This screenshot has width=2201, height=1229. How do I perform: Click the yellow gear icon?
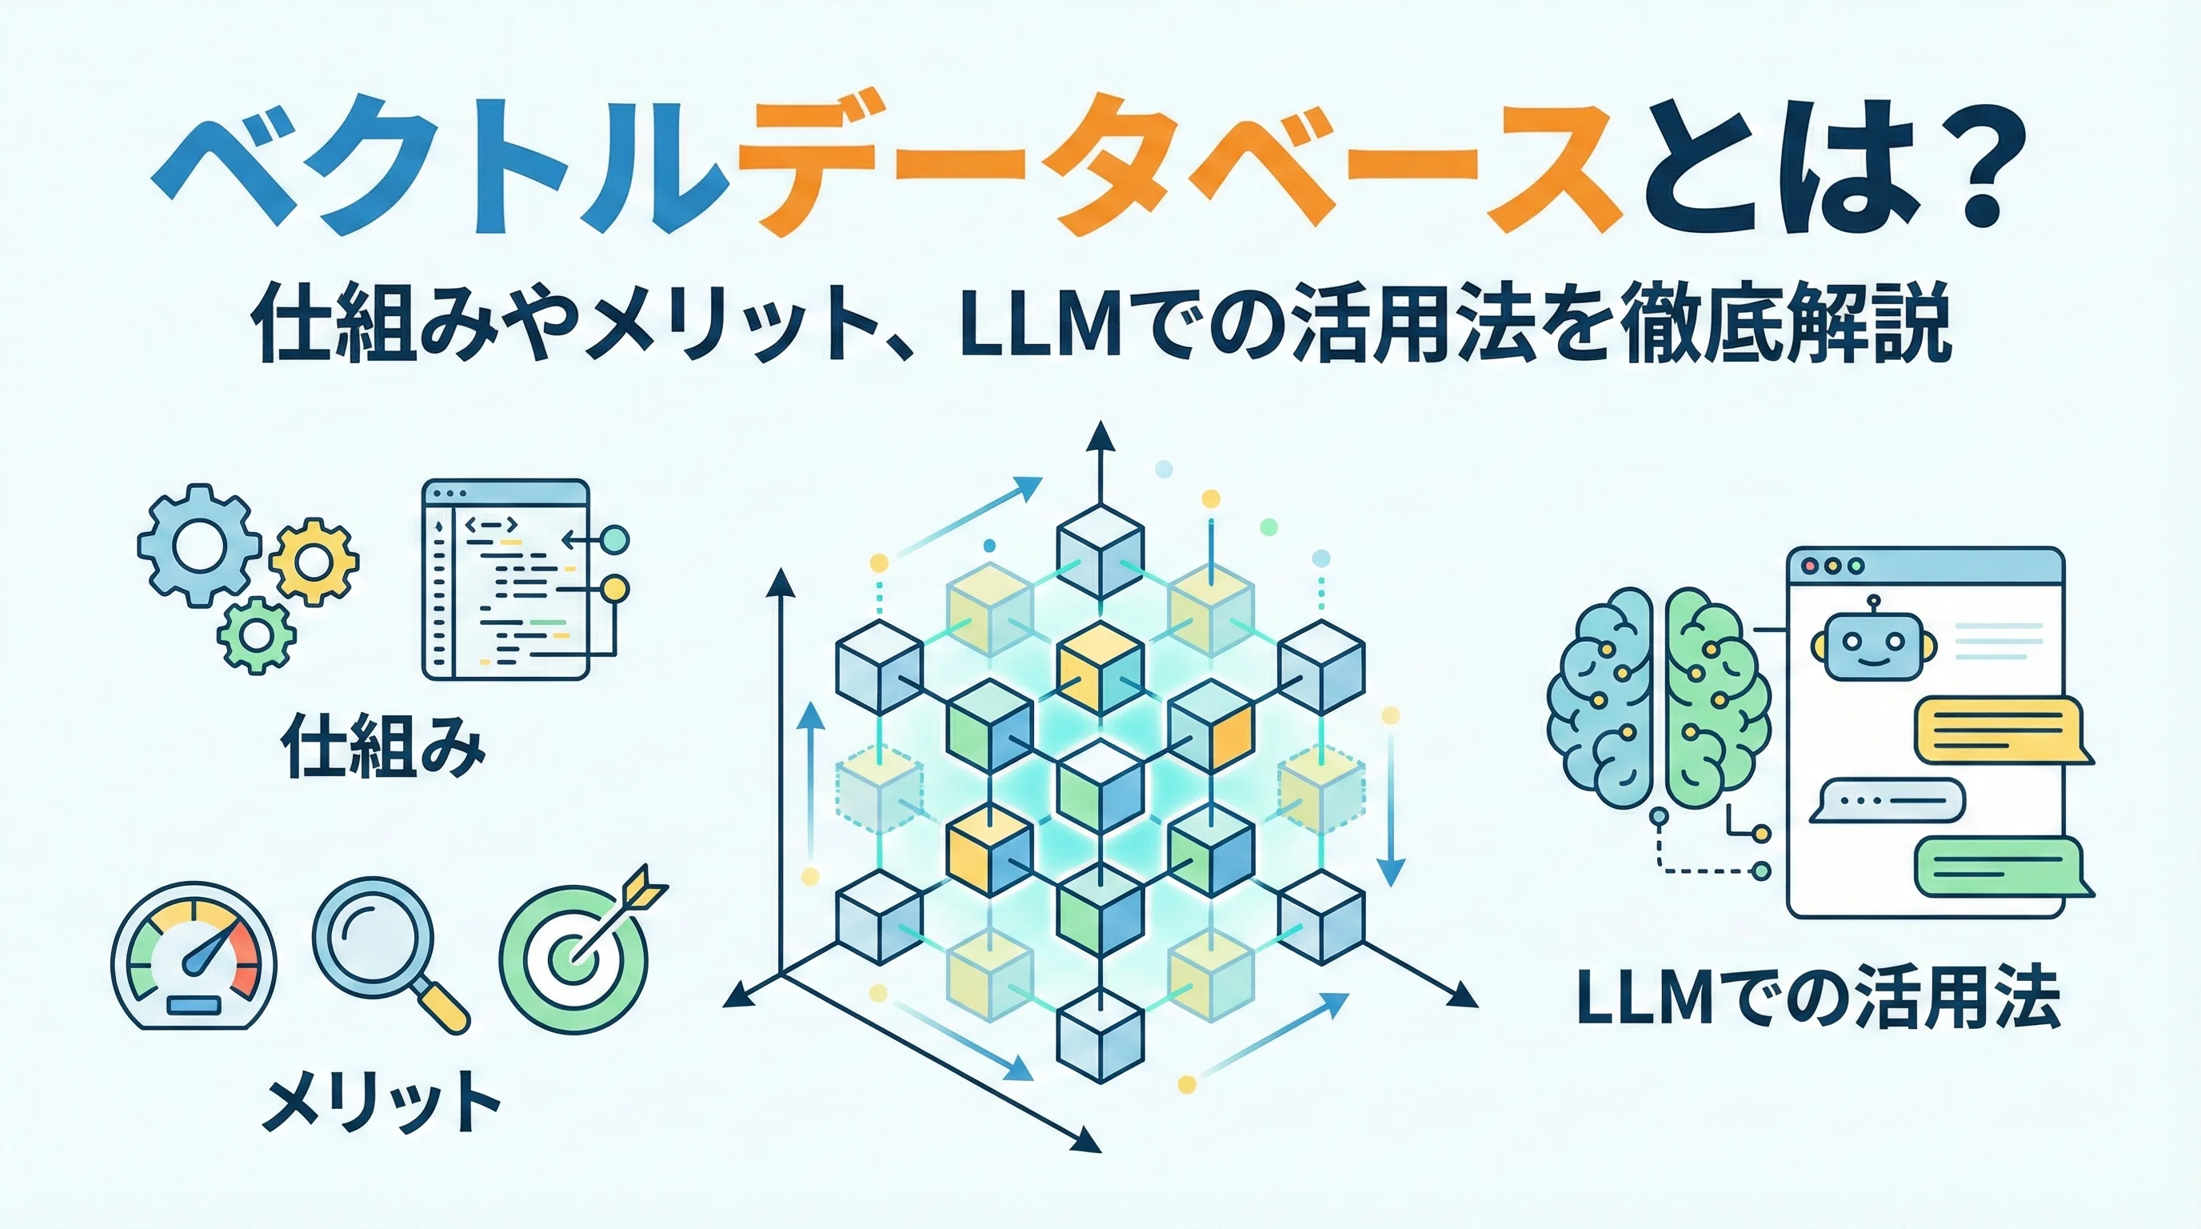tap(314, 562)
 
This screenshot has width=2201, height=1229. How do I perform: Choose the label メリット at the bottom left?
tap(380, 1104)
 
